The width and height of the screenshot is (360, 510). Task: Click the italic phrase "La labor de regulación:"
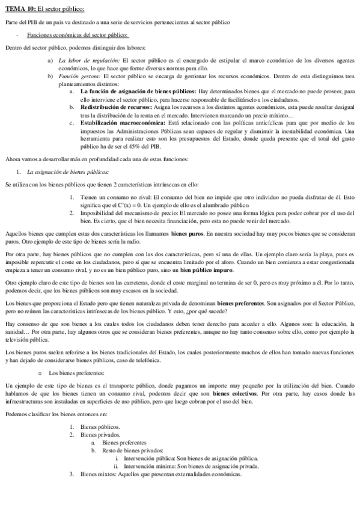88,61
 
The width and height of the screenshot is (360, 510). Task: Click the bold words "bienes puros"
185,232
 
